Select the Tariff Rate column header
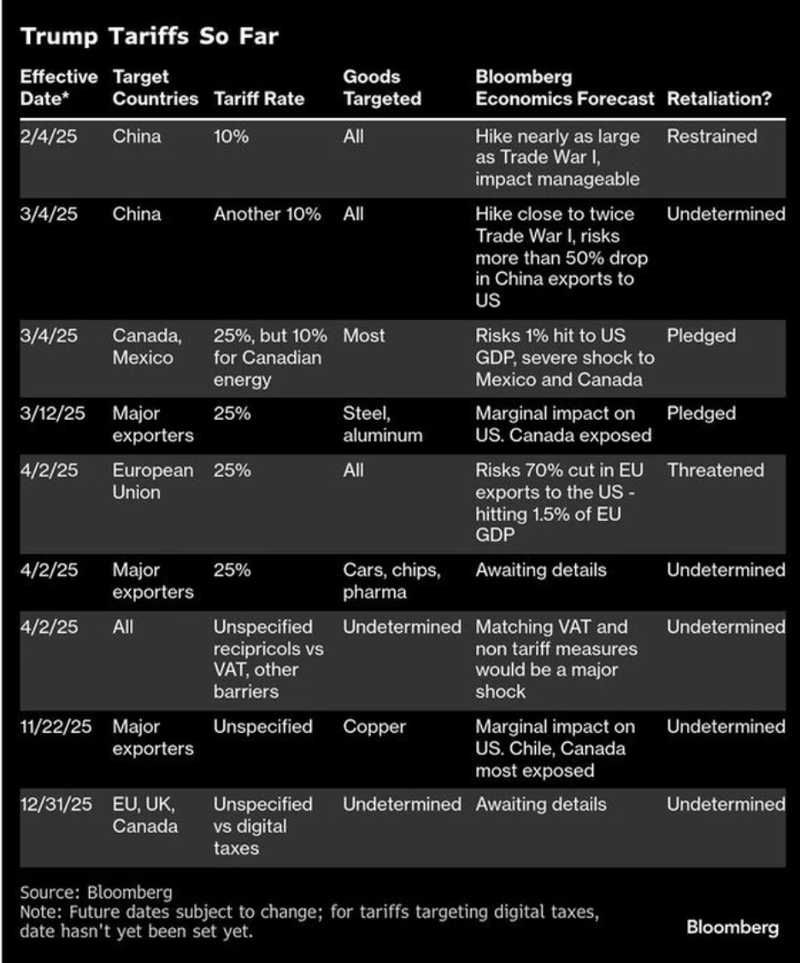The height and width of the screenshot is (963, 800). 259,98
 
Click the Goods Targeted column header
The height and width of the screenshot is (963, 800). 381,88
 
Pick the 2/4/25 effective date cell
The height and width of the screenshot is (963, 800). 49,137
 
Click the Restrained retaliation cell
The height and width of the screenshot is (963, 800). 711,137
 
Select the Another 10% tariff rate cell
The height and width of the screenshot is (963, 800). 267,215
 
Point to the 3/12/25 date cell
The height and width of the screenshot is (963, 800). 53,414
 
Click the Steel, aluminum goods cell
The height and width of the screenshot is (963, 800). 382,424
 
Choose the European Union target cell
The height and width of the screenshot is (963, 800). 153,481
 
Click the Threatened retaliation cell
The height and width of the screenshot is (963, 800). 715,470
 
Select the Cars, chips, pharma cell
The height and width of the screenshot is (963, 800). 391,581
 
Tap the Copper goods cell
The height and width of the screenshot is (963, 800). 374,727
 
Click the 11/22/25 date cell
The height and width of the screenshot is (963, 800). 56,727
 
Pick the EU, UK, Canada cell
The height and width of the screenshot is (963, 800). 145,815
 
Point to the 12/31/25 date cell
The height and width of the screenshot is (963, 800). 56,805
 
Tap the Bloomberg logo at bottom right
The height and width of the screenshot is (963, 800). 732,928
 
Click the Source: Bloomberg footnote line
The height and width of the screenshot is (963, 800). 96,895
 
